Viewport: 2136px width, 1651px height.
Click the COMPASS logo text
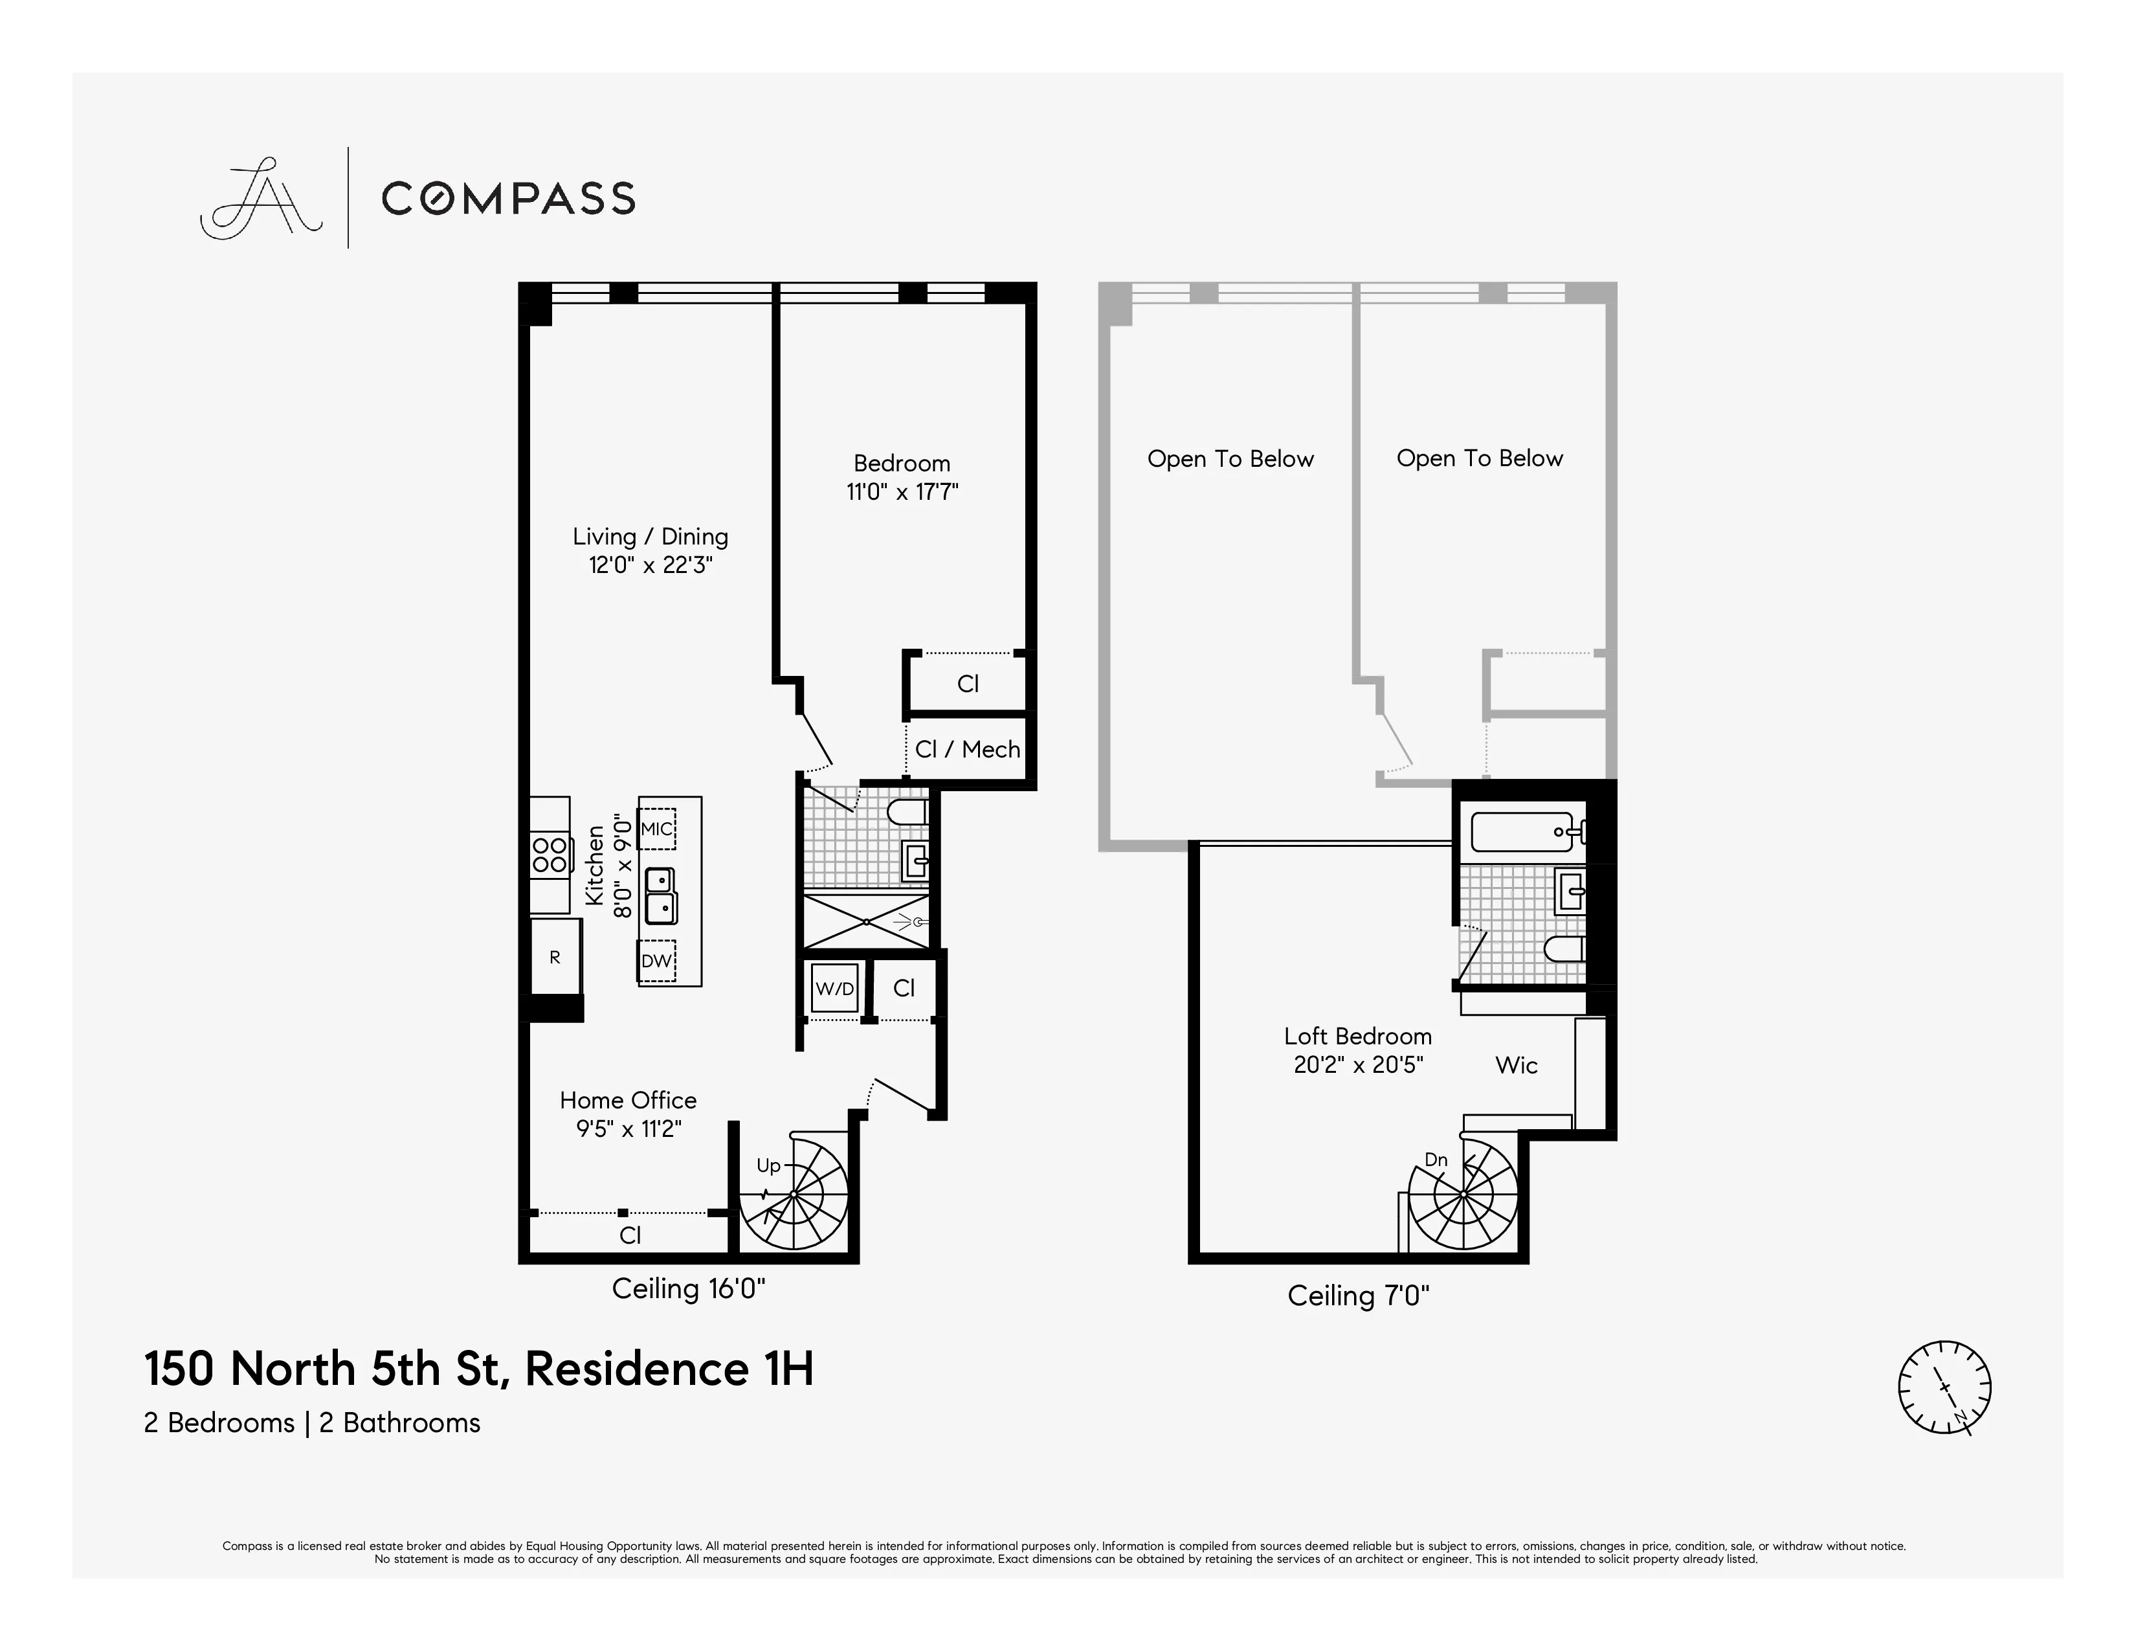(x=507, y=199)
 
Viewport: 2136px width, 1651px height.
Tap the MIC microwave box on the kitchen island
(x=656, y=829)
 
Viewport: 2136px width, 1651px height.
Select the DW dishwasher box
(x=656, y=960)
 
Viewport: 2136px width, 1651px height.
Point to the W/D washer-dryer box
(x=834, y=989)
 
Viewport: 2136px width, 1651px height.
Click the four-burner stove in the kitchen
(x=549, y=855)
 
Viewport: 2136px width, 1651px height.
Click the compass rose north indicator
(x=1944, y=1387)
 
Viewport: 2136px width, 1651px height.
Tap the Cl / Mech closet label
(x=967, y=749)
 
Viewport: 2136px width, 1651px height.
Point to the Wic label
(x=1516, y=1065)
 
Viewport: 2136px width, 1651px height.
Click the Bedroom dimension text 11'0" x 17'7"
(x=902, y=491)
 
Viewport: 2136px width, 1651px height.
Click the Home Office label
(x=628, y=1099)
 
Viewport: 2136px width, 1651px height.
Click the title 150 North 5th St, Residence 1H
(x=478, y=1367)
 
